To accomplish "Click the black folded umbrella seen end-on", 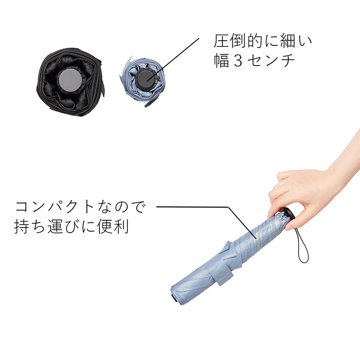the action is tap(70, 82).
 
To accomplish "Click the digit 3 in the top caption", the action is tap(238, 61).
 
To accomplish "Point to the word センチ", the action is tap(271, 61).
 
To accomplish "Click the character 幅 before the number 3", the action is tap(222, 61).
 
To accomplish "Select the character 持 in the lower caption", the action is tap(22, 227).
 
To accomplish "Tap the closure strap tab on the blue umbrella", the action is tap(222, 274).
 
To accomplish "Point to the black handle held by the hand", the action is tap(289, 214).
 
